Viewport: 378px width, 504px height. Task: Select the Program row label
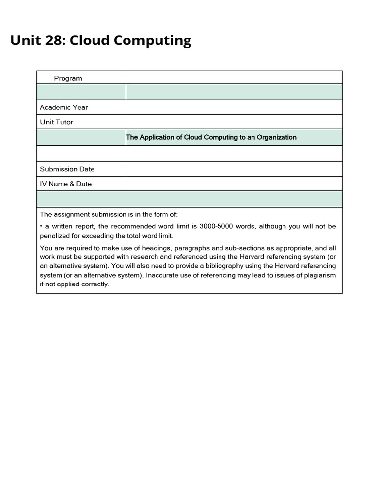pos(68,78)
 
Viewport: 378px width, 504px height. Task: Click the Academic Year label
pos(64,107)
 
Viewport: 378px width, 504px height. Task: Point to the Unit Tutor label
pos(57,122)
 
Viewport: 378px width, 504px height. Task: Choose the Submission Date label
pos(67,169)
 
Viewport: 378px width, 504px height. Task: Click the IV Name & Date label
pos(66,184)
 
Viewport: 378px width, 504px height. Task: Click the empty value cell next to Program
pos(234,78)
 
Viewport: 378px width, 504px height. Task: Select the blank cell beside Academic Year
pos(234,107)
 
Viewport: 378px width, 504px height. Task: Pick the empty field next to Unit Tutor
pos(234,122)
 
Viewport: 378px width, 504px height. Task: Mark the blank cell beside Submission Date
pos(234,169)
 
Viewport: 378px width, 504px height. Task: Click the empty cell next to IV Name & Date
pos(234,184)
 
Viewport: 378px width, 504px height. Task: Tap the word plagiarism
pos(318,275)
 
